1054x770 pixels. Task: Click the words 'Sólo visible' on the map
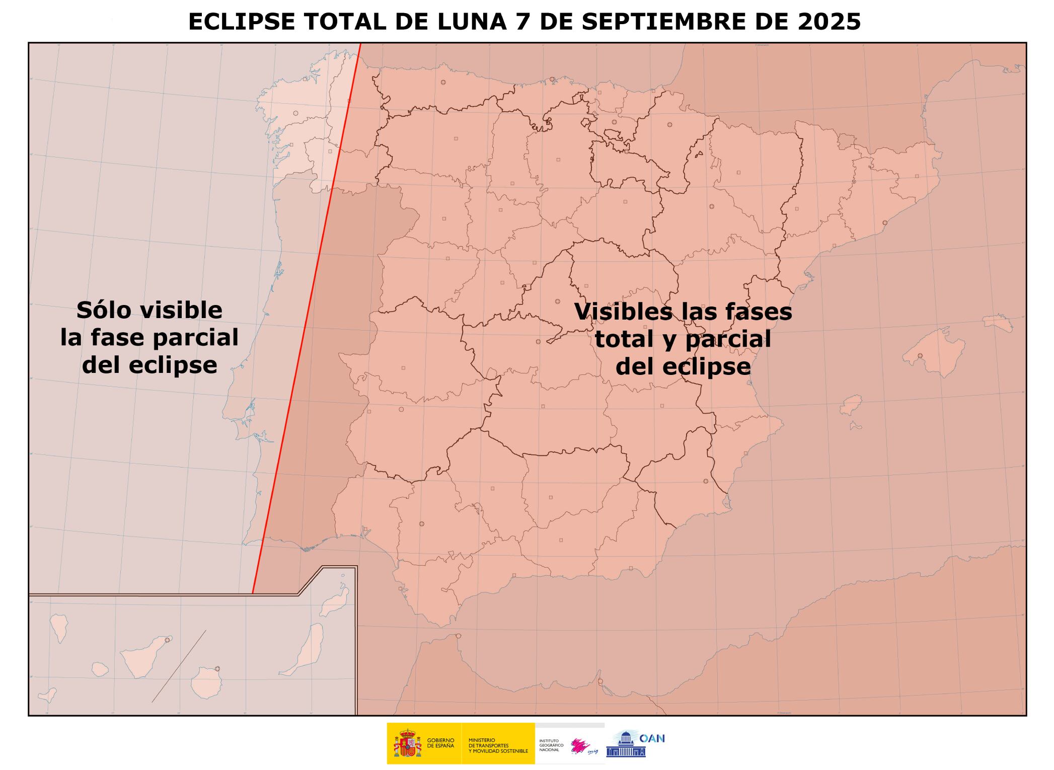149,311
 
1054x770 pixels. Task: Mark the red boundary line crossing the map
307,322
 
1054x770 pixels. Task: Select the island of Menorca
997,323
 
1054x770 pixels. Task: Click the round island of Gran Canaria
206,683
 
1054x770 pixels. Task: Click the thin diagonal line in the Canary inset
179,666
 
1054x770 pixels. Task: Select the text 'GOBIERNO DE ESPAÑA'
440,743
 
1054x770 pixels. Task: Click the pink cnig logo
580,745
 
